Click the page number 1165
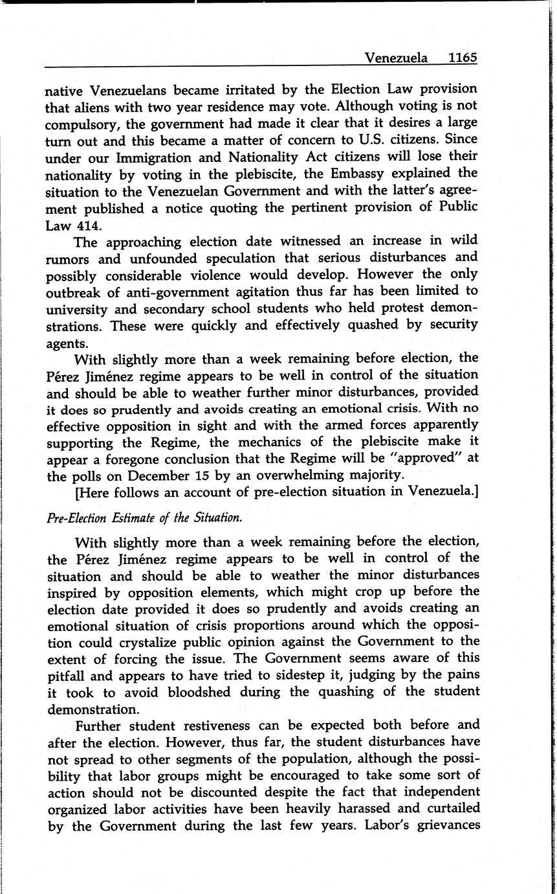462,58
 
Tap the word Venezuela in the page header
396,58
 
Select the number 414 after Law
88,225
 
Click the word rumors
67,259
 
